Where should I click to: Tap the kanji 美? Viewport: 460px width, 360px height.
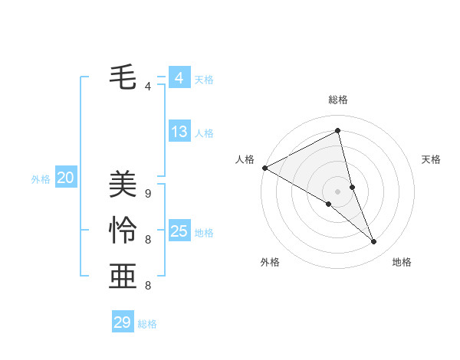[x=123, y=183]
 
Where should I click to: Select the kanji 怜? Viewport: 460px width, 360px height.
[x=123, y=230]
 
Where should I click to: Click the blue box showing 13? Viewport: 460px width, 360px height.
[x=179, y=132]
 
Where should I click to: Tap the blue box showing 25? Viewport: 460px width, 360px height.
[x=179, y=231]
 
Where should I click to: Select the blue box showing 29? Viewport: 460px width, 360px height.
[x=123, y=322]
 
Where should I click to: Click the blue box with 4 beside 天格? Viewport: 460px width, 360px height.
[x=179, y=78]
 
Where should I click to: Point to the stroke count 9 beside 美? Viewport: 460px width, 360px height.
[x=148, y=194]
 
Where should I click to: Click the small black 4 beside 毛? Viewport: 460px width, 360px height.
[x=148, y=87]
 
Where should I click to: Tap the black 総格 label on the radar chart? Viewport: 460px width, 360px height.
[x=338, y=100]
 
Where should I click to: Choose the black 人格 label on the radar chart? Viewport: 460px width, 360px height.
[x=245, y=159]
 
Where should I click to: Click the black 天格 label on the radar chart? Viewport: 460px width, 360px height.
[x=432, y=159]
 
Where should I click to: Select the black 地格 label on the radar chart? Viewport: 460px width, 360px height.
[x=402, y=262]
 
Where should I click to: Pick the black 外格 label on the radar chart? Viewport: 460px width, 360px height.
[x=270, y=262]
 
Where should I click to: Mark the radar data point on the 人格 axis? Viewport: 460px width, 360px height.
[x=264, y=167]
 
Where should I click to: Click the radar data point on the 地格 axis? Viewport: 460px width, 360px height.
[x=374, y=242]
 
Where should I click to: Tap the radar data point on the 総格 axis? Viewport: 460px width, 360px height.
[x=337, y=131]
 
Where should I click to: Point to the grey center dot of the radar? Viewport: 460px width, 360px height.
[x=337, y=191]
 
